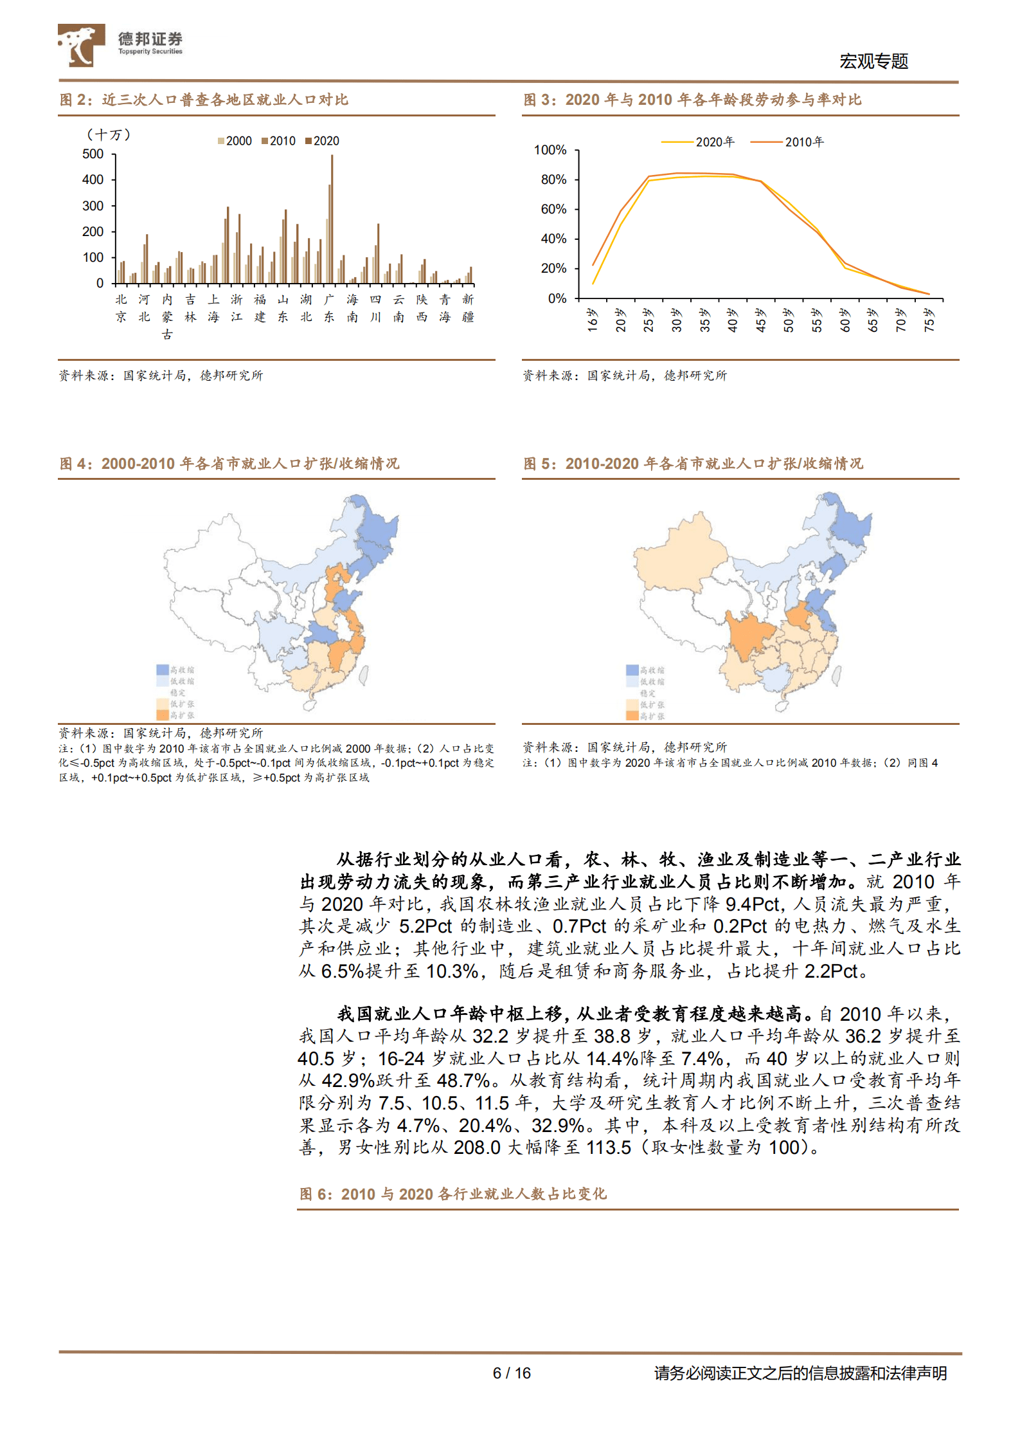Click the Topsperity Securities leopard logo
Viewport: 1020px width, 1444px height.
point(81,45)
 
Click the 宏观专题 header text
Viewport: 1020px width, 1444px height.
point(873,61)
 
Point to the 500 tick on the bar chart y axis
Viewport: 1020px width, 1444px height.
point(93,154)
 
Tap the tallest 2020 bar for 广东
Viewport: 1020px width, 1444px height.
point(332,219)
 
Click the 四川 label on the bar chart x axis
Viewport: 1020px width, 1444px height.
point(375,308)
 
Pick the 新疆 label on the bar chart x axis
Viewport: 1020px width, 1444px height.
point(468,308)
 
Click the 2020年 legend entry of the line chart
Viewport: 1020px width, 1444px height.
point(698,142)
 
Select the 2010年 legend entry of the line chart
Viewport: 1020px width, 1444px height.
point(787,142)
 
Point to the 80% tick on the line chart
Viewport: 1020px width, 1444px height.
point(553,179)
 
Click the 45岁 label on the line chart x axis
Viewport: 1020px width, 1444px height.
point(761,320)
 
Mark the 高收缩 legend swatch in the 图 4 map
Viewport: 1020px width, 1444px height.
point(163,670)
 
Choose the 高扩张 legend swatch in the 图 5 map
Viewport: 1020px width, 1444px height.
point(632,716)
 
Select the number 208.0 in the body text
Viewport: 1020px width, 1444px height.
point(477,1147)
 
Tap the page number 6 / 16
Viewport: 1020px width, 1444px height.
point(512,1373)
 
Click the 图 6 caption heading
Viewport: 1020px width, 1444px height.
point(452,1194)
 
